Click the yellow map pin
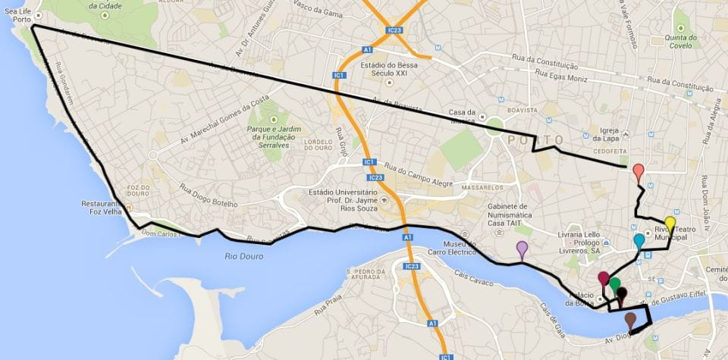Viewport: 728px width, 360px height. click(670, 223)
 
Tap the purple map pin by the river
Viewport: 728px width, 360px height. click(522, 247)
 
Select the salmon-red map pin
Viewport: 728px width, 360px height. click(639, 171)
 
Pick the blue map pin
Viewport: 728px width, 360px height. click(639, 241)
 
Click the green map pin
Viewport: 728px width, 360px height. click(615, 284)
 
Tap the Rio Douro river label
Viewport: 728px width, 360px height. click(244, 256)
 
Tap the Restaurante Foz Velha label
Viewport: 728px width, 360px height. click(104, 208)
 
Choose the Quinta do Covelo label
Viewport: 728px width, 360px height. click(680, 40)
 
